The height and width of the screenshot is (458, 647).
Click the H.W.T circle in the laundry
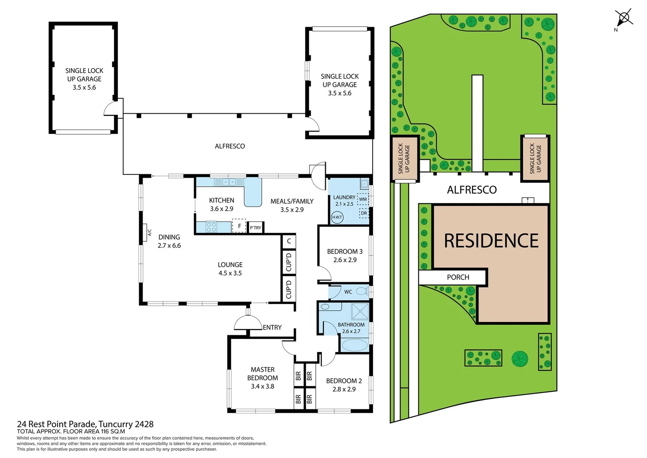click(x=337, y=217)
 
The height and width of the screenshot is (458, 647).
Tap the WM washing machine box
click(x=363, y=199)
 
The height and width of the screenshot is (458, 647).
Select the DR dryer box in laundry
click(x=364, y=213)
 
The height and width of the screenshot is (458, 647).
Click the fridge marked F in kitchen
click(x=239, y=226)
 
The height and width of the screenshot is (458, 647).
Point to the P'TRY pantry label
click(x=255, y=228)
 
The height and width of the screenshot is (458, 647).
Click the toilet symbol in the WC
click(x=361, y=291)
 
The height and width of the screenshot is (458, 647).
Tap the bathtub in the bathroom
click(x=354, y=345)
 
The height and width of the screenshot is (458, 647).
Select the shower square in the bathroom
click(x=360, y=312)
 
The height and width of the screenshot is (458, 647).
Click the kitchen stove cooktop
click(x=212, y=227)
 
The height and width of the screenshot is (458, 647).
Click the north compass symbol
click(x=624, y=18)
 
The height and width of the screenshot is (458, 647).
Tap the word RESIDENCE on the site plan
click(x=491, y=241)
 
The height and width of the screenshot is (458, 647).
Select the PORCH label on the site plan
click(x=458, y=277)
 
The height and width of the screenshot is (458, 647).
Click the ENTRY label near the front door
click(x=272, y=327)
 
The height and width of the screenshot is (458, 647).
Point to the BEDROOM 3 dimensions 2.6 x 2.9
click(x=345, y=260)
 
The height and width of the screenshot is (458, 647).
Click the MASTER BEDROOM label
click(x=263, y=374)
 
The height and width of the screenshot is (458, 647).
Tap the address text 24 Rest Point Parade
click(x=85, y=424)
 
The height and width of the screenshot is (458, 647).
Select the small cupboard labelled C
click(x=289, y=241)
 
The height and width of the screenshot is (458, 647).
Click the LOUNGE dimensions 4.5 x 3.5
click(x=230, y=273)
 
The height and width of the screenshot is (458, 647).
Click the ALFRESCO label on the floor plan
click(x=229, y=146)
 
